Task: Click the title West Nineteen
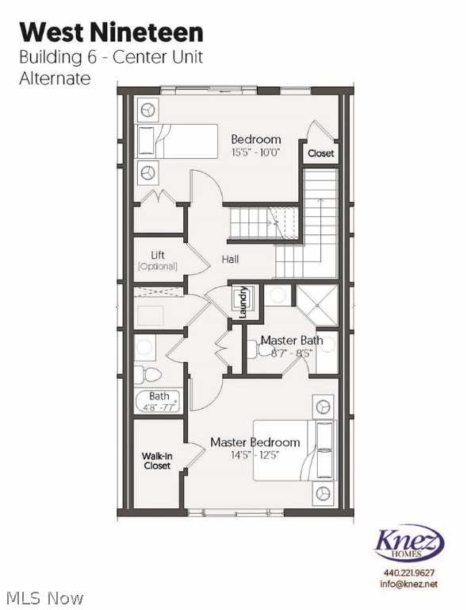[x=112, y=32]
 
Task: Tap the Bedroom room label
[x=255, y=140]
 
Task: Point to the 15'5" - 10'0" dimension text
[x=255, y=152]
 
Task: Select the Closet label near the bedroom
[x=320, y=153]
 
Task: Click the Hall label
[x=230, y=259]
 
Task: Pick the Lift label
[x=157, y=255]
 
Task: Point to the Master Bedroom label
[x=255, y=442]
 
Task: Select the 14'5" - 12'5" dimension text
[x=255, y=455]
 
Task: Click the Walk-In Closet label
[x=157, y=461]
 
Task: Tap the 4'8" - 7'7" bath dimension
[x=159, y=407]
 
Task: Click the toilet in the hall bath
[x=147, y=374]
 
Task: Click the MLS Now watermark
[x=44, y=596]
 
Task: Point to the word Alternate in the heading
[x=55, y=78]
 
